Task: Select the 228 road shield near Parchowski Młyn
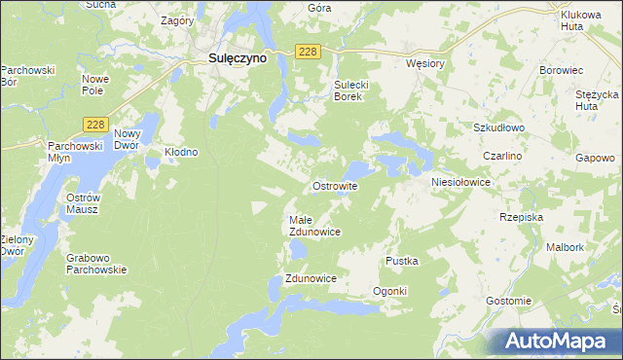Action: point(94,124)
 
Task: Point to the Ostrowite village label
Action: point(335,185)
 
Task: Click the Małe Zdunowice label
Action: point(314,226)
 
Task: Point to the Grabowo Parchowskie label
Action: point(96,264)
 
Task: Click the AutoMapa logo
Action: point(559,341)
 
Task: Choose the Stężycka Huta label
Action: point(597,100)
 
